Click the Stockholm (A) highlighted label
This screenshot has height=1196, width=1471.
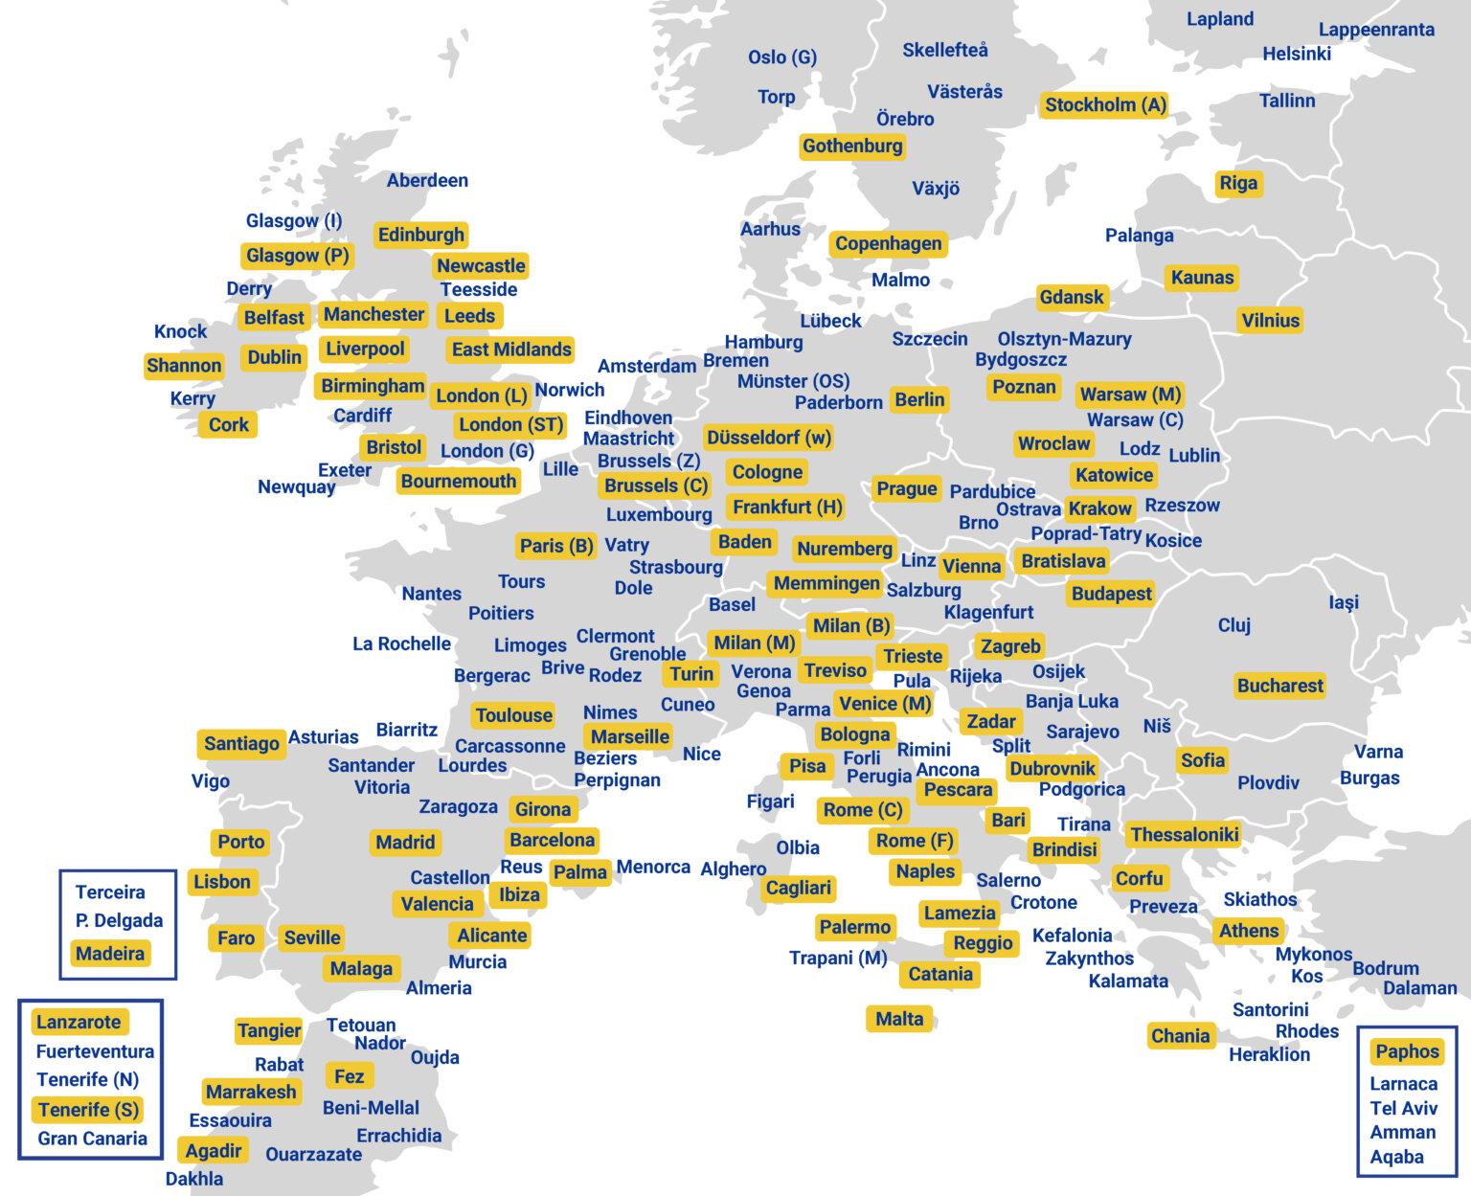click(1105, 105)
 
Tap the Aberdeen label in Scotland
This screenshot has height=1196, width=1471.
click(427, 181)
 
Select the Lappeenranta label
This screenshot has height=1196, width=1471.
click(1376, 30)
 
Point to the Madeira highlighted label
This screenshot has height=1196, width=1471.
click(110, 954)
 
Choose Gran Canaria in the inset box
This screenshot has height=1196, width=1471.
click(92, 1139)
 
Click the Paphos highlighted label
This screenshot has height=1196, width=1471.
click(1407, 1051)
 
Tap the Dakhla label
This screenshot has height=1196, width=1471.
click(194, 1179)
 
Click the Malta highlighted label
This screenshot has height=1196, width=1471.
click(899, 1019)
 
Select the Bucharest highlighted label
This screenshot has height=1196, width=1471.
click(1279, 686)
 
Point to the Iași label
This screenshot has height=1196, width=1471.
click(1344, 602)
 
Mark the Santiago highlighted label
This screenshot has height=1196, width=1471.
click(241, 743)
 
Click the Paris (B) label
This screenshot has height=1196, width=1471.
click(556, 546)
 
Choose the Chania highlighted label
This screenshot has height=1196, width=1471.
click(1180, 1036)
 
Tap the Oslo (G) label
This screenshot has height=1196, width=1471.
click(782, 57)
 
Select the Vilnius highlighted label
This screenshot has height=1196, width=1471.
click(1270, 321)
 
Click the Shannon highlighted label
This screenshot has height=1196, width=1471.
click(184, 366)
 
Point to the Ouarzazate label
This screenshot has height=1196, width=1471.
click(313, 1155)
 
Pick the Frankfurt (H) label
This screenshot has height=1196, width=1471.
click(787, 508)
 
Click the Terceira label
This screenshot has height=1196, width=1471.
click(110, 892)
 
